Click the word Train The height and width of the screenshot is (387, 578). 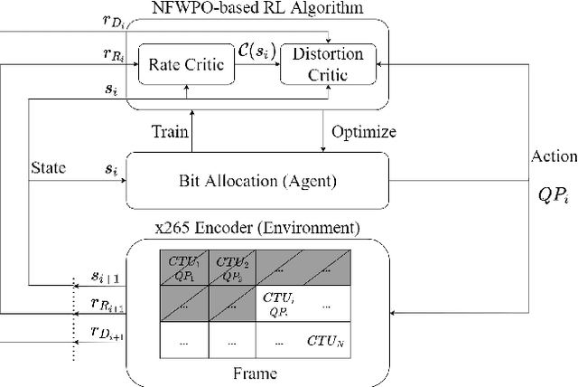pyautogui.click(x=170, y=132)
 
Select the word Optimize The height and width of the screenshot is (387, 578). pyautogui.click(x=365, y=132)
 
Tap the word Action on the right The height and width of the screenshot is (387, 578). pyautogui.click(x=555, y=156)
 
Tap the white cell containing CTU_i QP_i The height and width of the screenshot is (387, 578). pyautogui.click(x=280, y=303)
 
